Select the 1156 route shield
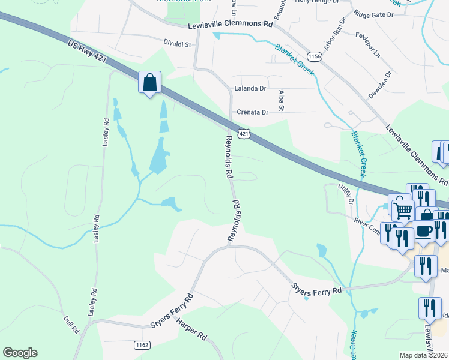coord(315,56)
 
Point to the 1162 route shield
coord(142,345)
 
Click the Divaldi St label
coord(177,44)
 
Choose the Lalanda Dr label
coord(250,88)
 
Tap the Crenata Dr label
coord(252,112)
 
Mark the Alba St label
coord(281,100)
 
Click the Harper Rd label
coord(191,329)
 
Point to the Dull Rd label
coord(71,321)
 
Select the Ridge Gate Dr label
coord(373,14)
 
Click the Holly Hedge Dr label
coord(318,2)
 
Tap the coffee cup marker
coord(424,232)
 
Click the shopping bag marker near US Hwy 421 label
coord(149,82)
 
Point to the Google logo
coord(20,353)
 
